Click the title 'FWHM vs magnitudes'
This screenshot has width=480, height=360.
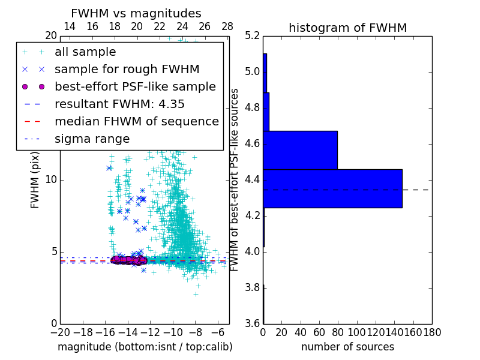pyautogui.click(x=136, y=13)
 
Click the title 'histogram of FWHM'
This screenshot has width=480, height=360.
pyautogui.click(x=347, y=28)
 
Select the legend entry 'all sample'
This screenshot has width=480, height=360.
pyautogui.click(x=85, y=52)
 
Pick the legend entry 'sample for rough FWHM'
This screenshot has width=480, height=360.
pyautogui.click(x=127, y=70)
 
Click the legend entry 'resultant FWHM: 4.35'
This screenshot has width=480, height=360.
pyautogui.click(x=119, y=104)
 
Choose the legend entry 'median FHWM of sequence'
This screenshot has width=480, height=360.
pyautogui.click(x=136, y=122)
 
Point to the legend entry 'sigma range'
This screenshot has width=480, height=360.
pyautogui.click(x=92, y=139)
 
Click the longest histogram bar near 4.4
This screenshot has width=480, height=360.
pyautogui.click(x=332, y=188)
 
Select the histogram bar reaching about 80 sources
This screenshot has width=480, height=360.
pyautogui.click(x=300, y=150)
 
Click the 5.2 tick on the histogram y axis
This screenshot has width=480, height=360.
pyautogui.click(x=252, y=36)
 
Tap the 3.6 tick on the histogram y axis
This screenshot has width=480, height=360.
pyautogui.click(x=252, y=323)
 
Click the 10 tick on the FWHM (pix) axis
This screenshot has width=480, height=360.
pyautogui.click(x=51, y=180)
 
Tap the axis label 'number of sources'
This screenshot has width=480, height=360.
pyautogui.click(x=347, y=347)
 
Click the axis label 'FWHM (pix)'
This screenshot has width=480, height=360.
pyautogui.click(x=35, y=179)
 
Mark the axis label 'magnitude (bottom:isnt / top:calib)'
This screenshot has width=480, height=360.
pyautogui.click(x=145, y=347)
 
